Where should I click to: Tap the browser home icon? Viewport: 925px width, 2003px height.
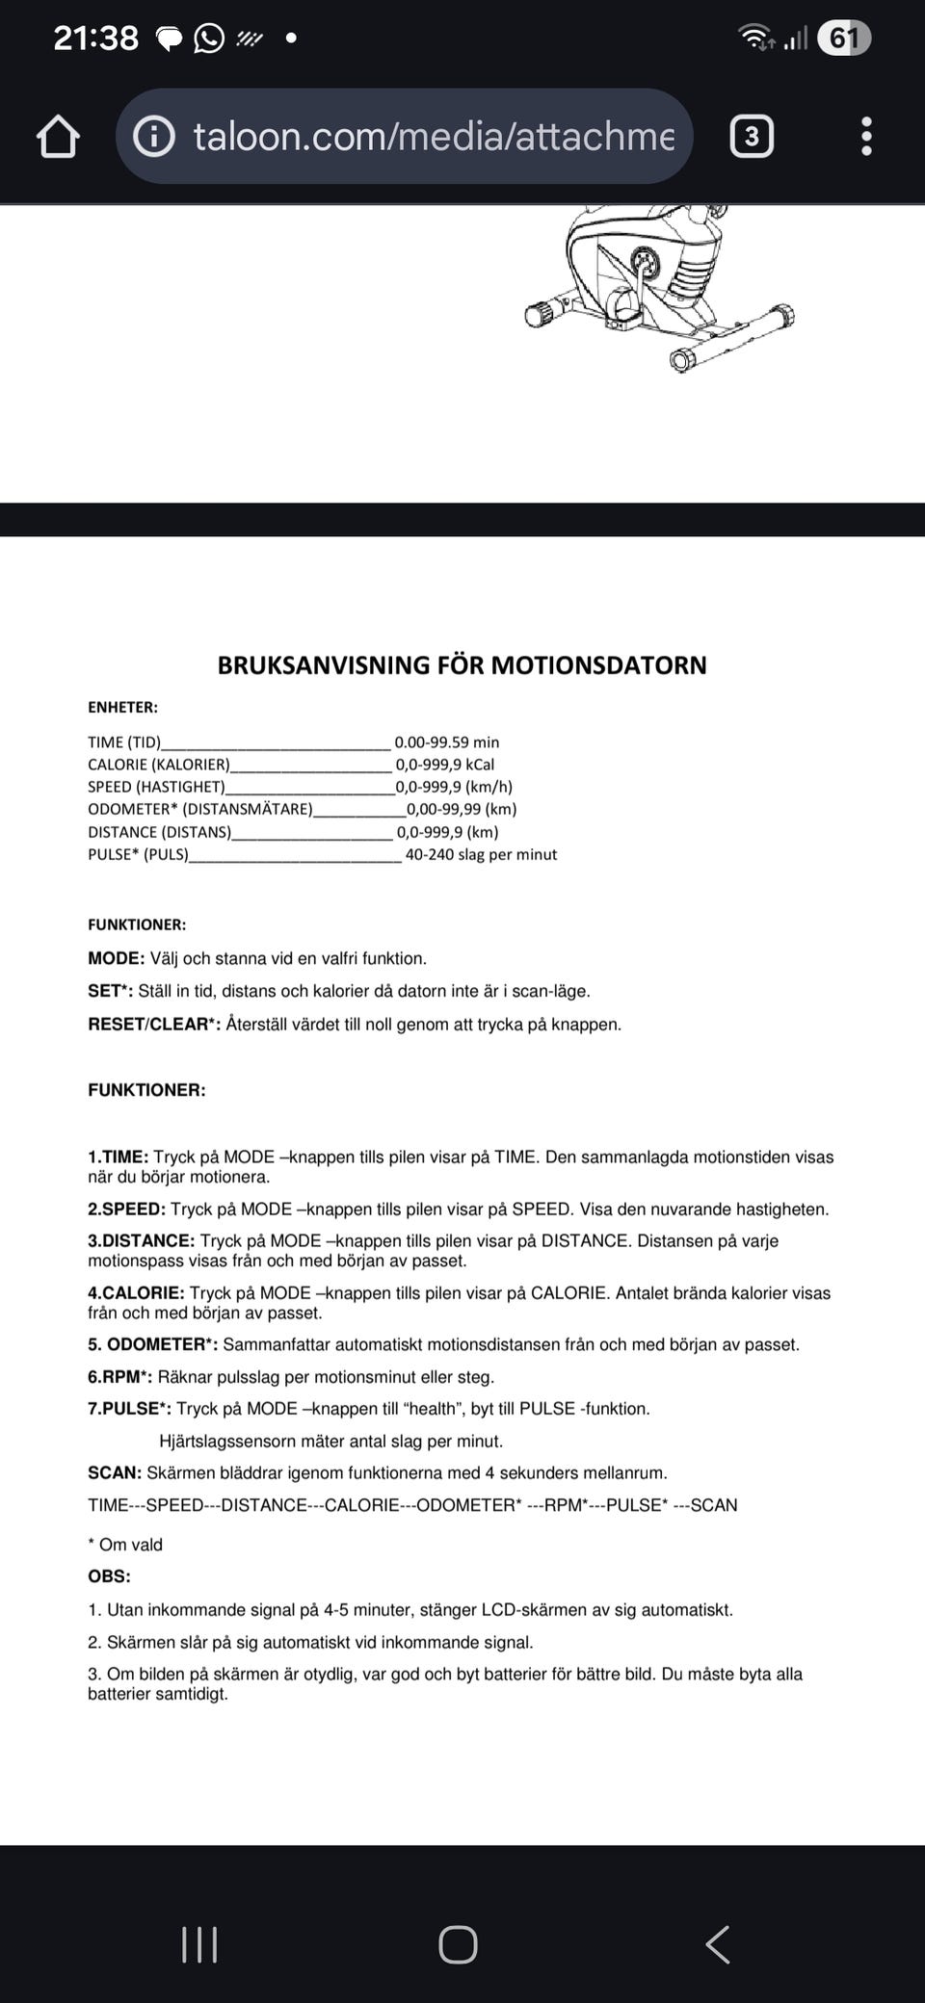pos(58,137)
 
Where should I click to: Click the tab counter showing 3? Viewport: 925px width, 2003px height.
pos(752,137)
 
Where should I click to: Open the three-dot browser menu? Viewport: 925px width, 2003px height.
pos(866,137)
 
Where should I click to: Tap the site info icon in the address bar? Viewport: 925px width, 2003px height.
pos(154,137)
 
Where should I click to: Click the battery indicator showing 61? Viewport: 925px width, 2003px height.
pos(843,39)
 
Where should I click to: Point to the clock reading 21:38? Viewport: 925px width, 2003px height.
pos(95,39)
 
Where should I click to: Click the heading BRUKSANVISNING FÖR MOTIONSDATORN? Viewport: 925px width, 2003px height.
pos(462,665)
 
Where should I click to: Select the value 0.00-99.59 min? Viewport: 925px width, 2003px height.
pos(447,742)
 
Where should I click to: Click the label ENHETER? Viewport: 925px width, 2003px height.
pos(122,708)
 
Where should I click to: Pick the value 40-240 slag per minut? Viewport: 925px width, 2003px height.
pos(481,855)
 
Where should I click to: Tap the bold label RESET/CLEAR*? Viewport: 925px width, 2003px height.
pos(154,1025)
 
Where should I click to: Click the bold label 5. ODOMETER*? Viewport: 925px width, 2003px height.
pos(152,1344)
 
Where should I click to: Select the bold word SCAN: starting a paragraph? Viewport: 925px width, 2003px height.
pos(115,1473)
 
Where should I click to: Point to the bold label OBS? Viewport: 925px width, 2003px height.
pos(109,1576)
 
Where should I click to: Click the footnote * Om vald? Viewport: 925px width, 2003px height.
pos(125,1545)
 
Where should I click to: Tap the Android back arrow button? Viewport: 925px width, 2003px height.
pos(718,1944)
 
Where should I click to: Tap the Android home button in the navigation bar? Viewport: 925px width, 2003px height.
pos(458,1944)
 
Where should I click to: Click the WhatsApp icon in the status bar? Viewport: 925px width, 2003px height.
pos(209,39)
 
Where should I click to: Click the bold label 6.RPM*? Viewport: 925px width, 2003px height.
pos(119,1377)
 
